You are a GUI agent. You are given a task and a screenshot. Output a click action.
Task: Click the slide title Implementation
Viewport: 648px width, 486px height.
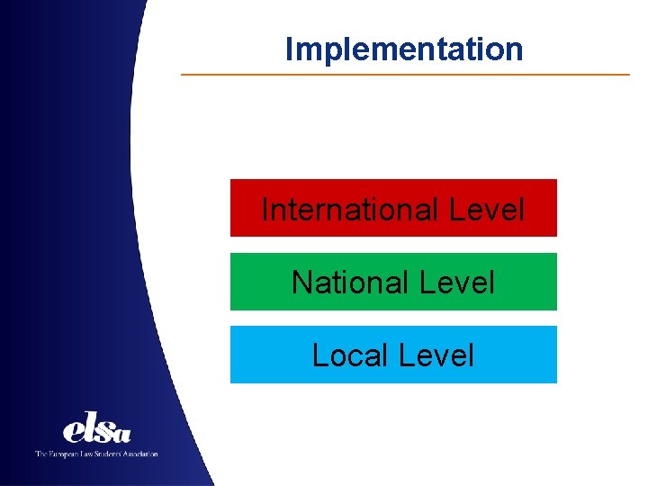(403, 49)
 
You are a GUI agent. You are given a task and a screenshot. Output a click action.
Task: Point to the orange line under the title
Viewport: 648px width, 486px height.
(405, 74)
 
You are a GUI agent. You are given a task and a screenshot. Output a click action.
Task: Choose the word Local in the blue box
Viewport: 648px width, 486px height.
(350, 355)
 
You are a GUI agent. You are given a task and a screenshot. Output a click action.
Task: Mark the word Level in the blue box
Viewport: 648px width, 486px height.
(436, 355)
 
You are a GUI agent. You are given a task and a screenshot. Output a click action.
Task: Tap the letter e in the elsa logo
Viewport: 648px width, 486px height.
(73, 431)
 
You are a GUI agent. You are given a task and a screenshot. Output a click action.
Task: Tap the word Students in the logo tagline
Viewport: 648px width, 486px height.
(112, 454)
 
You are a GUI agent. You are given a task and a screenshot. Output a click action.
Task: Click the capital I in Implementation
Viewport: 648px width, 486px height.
(289, 49)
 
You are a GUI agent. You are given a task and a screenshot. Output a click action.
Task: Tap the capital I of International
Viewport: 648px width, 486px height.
(265, 210)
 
